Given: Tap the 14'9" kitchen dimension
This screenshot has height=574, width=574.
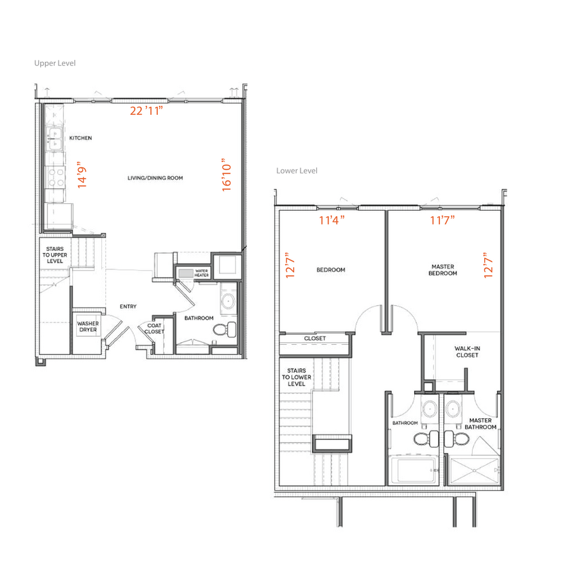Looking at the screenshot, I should (82, 175).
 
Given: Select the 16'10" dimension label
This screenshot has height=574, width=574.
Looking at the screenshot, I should (227, 175).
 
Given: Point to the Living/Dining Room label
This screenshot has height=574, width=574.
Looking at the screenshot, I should (155, 178).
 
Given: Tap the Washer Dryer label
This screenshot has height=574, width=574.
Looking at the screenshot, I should (87, 326).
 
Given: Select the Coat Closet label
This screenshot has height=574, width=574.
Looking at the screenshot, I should (154, 329).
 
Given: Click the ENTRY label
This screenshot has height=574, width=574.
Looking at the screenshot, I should (128, 307).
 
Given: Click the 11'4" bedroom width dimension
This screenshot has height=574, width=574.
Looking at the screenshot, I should (333, 220).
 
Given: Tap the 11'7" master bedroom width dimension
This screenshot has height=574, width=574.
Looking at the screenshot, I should (442, 220).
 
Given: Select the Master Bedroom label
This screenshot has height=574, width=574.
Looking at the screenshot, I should (443, 270).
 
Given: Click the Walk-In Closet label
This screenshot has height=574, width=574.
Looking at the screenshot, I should (467, 352).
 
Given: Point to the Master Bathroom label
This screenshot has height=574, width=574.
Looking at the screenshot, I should (480, 424).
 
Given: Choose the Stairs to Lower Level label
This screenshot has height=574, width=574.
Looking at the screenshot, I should (297, 377).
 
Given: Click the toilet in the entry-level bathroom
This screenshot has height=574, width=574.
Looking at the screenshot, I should (222, 330).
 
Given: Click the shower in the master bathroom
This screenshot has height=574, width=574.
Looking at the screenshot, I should (474, 469).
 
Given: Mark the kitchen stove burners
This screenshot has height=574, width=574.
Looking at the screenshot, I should (53, 178).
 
